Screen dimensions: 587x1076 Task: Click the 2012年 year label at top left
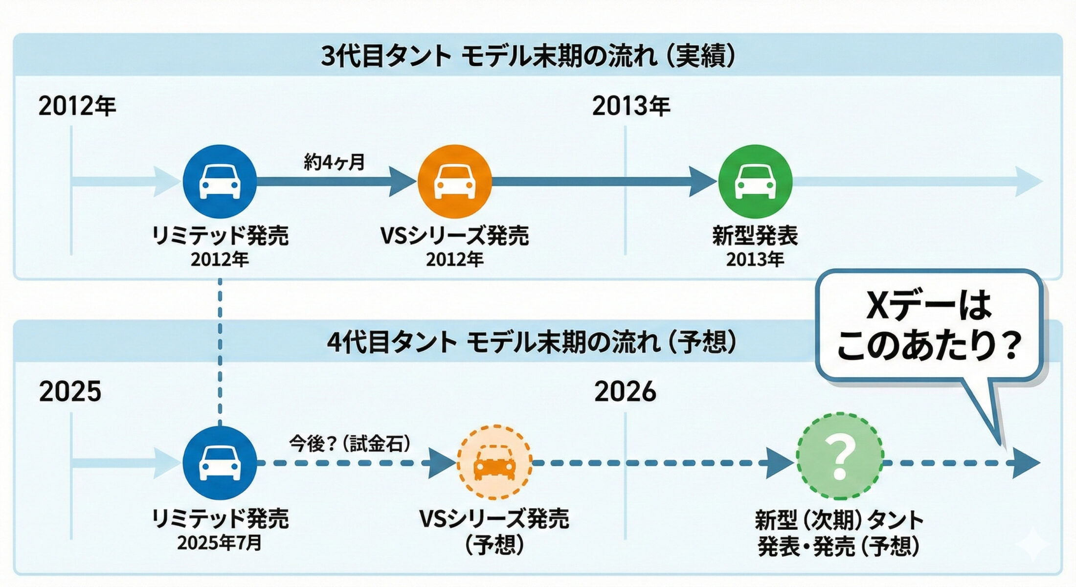click(77, 106)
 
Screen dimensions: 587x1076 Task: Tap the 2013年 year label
click(631, 106)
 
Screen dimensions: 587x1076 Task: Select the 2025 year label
click(70, 391)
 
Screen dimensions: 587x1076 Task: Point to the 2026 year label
click(625, 391)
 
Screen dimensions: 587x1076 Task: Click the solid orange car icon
click(454, 181)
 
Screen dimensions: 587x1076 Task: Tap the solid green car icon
click(755, 181)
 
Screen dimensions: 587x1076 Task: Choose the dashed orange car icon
click(494, 462)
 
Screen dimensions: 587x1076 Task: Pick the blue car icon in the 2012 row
click(220, 181)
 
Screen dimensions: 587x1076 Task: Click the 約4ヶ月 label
click(334, 162)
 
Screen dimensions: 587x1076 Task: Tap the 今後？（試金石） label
click(350, 444)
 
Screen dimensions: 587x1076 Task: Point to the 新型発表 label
click(755, 236)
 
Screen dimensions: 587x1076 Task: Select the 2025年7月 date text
click(220, 543)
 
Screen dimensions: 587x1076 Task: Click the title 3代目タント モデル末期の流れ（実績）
click(528, 56)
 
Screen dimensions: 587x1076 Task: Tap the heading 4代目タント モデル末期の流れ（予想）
click(531, 342)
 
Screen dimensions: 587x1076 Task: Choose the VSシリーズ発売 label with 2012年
click(454, 236)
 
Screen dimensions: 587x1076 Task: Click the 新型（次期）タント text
click(839, 520)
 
